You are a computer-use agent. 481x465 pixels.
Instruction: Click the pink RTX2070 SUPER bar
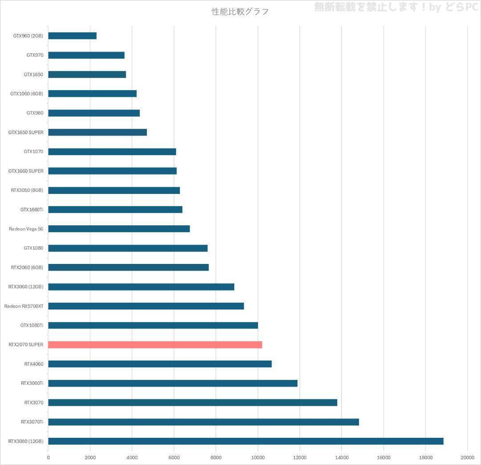pyautogui.click(x=155, y=345)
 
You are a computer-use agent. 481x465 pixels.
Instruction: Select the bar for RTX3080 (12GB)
pyautogui.click(x=246, y=441)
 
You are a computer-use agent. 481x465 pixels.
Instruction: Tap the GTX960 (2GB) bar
pyautogui.click(x=72, y=36)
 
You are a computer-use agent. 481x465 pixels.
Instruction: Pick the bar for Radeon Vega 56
pyautogui.click(x=119, y=229)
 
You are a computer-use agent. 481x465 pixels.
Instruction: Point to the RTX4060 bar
pyautogui.click(x=160, y=364)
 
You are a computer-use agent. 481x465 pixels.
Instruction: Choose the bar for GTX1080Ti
pyautogui.click(x=153, y=325)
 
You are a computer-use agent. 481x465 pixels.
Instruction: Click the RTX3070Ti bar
pyautogui.click(x=204, y=422)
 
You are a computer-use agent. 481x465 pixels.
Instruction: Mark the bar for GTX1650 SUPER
pyautogui.click(x=98, y=132)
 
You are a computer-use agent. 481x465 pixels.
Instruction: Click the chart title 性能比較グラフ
pyautogui.click(x=240, y=12)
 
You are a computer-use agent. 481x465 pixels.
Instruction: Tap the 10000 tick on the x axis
pyautogui.click(x=258, y=457)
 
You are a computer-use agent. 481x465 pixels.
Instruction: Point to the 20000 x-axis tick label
pyautogui.click(x=467, y=457)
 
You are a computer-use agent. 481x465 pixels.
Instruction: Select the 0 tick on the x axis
pyautogui.click(x=48, y=457)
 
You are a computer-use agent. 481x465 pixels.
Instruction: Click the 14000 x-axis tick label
pyautogui.click(x=342, y=457)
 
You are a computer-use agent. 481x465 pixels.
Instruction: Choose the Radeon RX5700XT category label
pyautogui.click(x=24, y=306)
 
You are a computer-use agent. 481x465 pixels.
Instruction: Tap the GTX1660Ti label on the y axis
pyautogui.click(x=32, y=210)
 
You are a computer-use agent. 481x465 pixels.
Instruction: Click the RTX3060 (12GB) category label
pyautogui.click(x=26, y=287)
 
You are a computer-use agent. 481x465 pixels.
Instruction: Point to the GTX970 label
pyautogui.click(x=35, y=55)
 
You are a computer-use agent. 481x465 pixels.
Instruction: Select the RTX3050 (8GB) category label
pyautogui.click(x=27, y=190)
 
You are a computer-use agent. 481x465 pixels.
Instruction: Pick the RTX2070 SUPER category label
pyautogui.click(x=26, y=345)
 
